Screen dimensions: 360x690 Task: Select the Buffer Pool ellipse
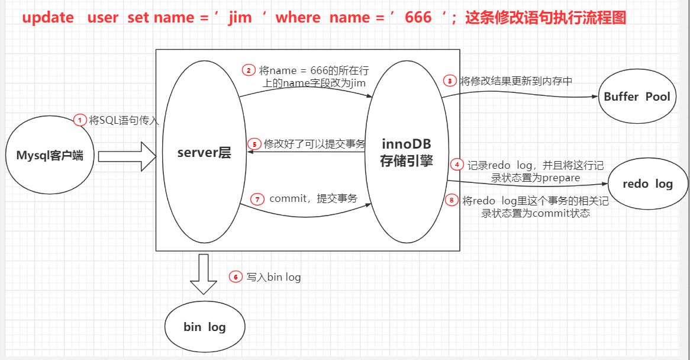637,97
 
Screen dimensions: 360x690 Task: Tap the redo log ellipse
647,184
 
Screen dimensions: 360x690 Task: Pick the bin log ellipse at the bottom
205,326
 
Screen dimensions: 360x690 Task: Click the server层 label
204,153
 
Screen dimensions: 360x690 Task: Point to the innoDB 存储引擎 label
406,152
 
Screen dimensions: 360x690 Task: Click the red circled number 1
80,120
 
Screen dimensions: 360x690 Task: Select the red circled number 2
249,70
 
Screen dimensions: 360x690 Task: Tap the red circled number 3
450,81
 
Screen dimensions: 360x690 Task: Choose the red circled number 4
457,164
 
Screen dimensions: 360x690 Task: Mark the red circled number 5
254,144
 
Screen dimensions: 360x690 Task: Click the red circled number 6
236,277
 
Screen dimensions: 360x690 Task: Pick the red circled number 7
257,199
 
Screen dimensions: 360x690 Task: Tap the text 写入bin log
273,277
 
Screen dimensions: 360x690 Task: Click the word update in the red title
48,18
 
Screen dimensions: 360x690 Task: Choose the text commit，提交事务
313,199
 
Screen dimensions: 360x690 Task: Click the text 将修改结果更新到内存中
516,81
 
